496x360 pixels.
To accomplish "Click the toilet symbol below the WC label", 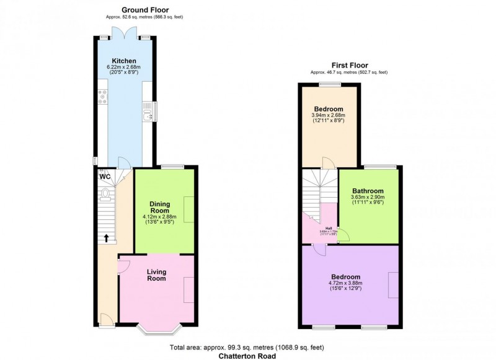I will (x=105, y=195).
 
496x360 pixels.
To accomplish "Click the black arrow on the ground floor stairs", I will (x=105, y=237).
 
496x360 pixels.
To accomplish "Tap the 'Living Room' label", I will (x=157, y=275).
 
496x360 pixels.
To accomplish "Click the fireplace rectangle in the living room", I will (x=188, y=288).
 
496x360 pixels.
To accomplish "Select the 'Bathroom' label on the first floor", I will (x=368, y=191).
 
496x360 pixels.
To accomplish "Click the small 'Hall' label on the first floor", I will (x=327, y=229).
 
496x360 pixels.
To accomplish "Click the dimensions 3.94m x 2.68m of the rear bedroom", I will (x=328, y=115).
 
